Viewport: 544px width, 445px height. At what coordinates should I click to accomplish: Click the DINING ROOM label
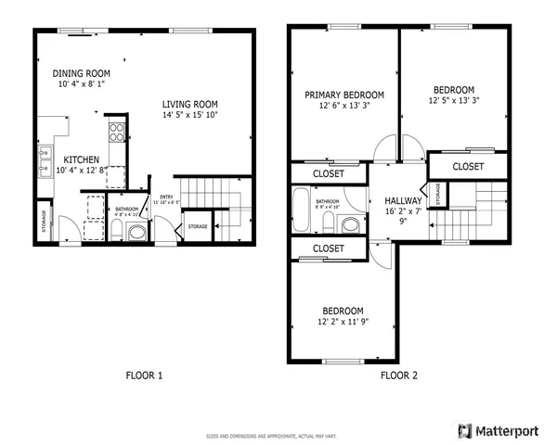[x=81, y=73]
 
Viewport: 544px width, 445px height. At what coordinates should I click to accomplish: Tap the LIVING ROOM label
[x=189, y=104]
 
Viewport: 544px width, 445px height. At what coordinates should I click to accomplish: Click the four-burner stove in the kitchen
[x=117, y=132]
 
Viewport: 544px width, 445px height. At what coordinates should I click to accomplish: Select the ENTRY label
[x=166, y=197]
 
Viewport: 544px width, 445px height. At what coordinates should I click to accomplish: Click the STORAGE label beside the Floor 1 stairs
[x=197, y=226]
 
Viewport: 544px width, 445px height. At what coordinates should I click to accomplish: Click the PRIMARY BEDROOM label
[x=344, y=95]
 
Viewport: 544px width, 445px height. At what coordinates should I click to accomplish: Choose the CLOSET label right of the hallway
[x=467, y=167]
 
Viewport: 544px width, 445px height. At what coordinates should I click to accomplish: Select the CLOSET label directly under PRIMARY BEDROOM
[x=329, y=173]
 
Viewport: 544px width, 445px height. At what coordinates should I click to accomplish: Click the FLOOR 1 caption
[x=144, y=375]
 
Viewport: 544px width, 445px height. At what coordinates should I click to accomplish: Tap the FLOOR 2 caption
[x=398, y=375]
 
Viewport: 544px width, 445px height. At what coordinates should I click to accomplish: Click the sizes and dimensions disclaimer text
[x=271, y=435]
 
